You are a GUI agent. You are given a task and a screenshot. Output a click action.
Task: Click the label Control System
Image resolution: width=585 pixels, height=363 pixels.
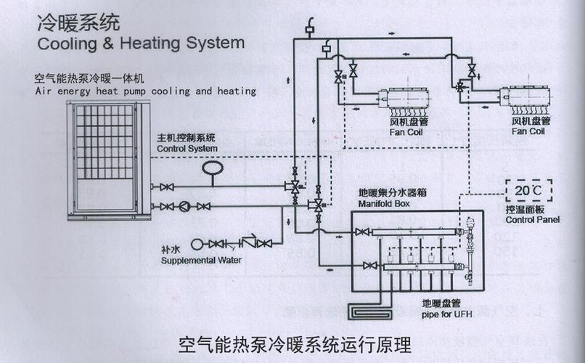(187, 148)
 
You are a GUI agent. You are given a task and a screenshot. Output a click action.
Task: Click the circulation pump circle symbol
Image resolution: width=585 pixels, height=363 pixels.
(185, 205)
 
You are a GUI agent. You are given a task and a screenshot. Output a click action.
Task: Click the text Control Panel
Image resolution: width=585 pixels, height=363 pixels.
(533, 219)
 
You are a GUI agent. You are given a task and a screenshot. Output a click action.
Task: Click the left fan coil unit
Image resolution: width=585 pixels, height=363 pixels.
(406, 97)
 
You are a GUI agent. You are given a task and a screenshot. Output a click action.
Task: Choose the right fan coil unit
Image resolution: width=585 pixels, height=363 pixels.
(528, 97)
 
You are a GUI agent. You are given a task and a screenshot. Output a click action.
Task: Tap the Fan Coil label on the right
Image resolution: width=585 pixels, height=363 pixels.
(528, 131)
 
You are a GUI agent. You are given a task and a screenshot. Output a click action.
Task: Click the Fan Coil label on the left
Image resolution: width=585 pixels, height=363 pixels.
(407, 131)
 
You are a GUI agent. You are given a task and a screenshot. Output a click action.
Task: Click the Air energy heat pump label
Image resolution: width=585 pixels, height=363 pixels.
(145, 91)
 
